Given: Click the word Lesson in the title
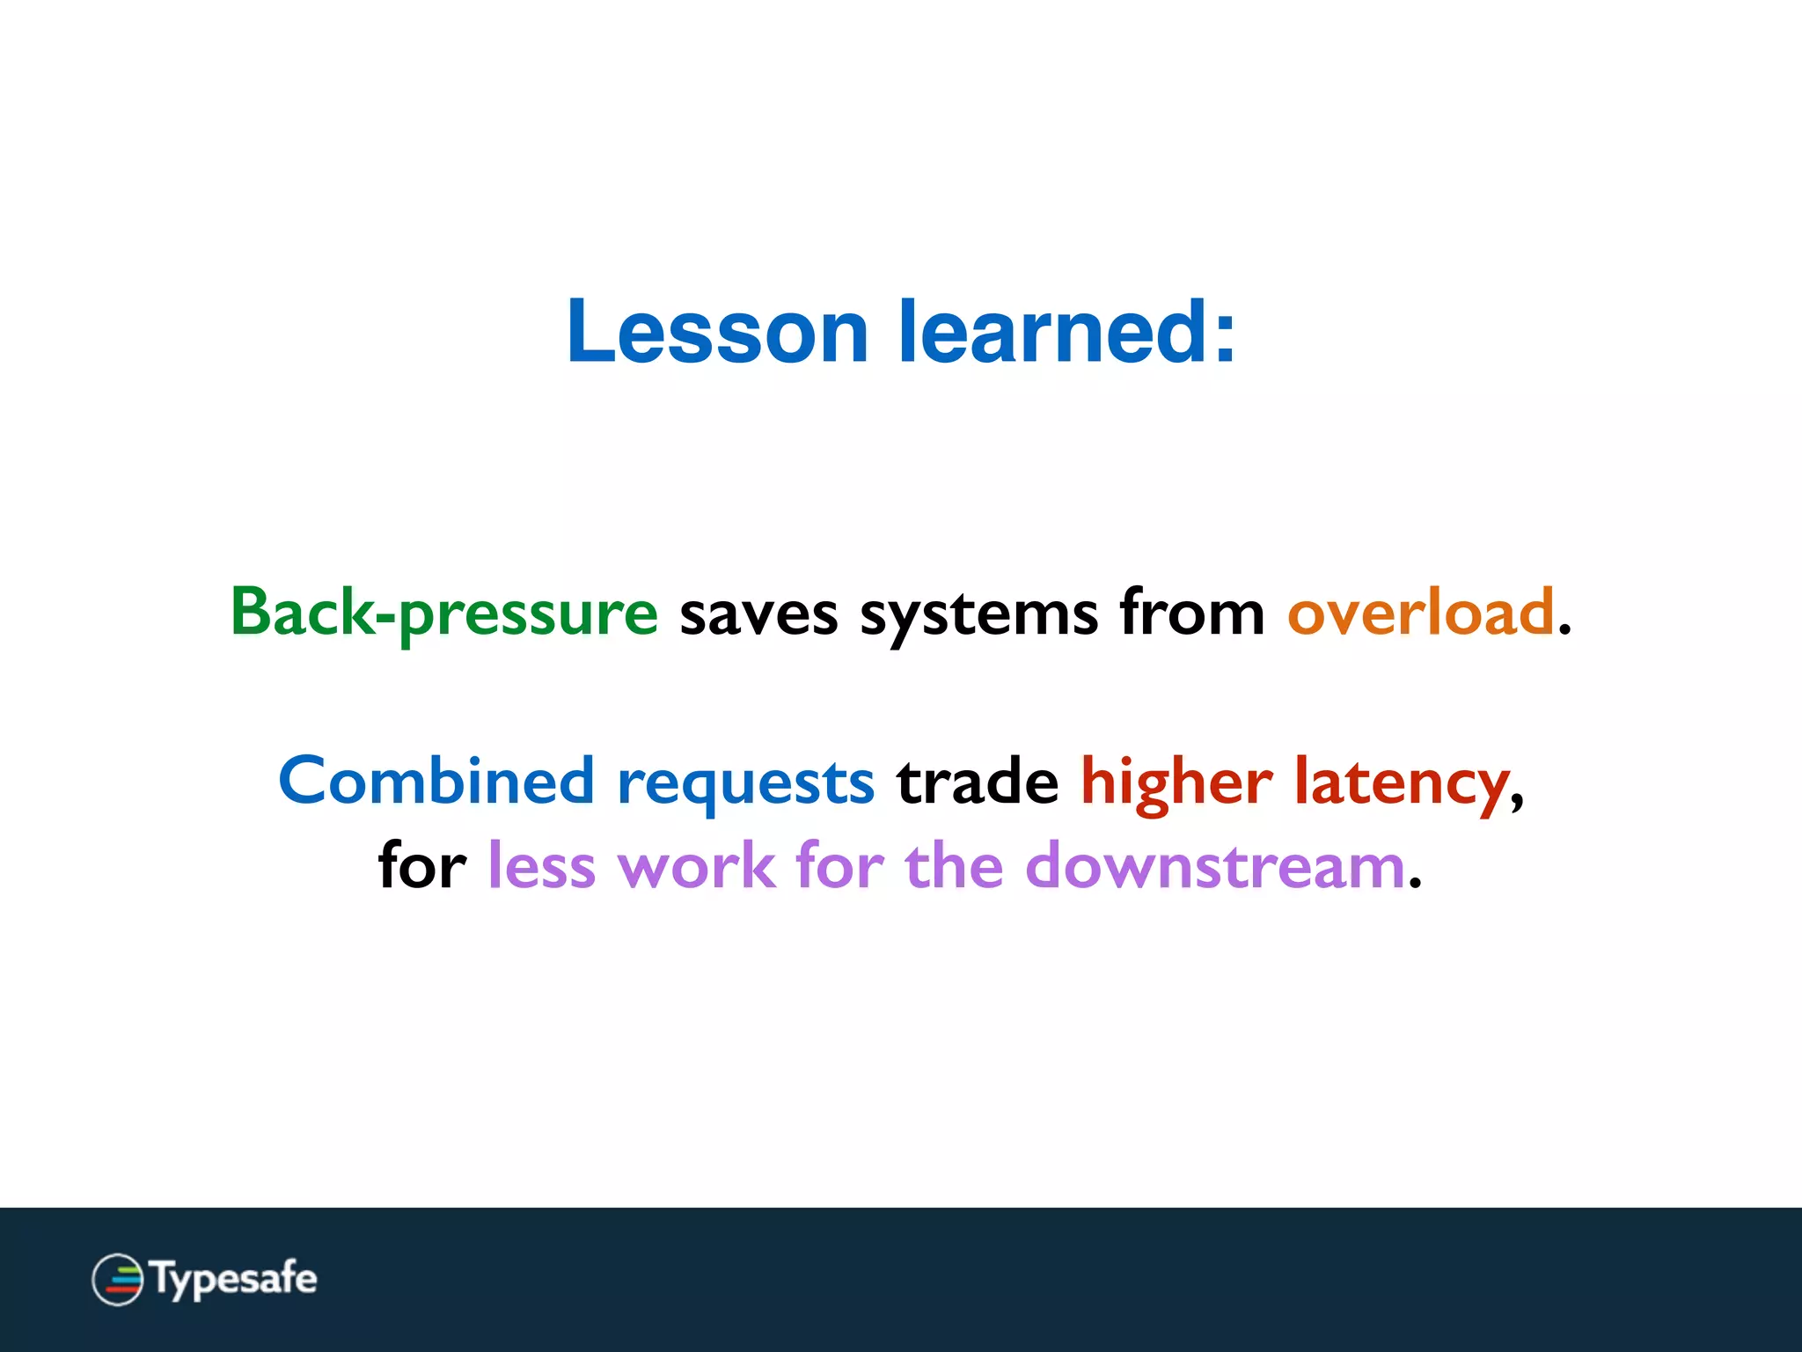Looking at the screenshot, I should coord(717,332).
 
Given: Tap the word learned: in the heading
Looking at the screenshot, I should coord(1066,332).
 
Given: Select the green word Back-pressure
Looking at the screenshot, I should coord(443,613).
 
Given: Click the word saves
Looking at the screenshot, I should coord(758,614).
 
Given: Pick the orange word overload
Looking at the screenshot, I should coord(1420,613).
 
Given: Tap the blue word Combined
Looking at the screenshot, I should coord(436,781).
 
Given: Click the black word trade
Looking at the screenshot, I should coord(977,782).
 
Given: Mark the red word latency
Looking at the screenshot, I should coord(1402,783).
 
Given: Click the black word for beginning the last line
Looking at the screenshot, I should coord(421,865).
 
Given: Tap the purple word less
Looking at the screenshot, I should coord(541,866).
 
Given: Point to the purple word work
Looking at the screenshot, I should coord(696,866).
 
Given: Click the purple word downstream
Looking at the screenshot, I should coord(1214,866).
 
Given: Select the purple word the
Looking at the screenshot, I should coord(954,866).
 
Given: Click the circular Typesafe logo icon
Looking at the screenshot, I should coord(117,1279).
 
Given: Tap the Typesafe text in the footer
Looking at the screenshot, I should coord(233,1279).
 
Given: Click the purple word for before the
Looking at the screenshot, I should coord(839,865).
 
